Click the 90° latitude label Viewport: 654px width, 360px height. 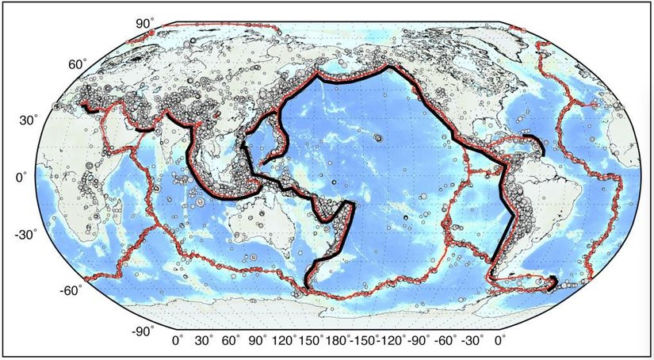point(143,24)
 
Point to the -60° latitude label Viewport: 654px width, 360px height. point(71,290)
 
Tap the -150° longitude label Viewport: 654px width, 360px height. point(365,343)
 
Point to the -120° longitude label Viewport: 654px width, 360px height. point(394,343)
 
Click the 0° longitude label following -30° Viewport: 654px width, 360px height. point(500,343)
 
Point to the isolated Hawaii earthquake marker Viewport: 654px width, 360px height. point(379,138)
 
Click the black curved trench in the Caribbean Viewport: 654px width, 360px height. point(539,146)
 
